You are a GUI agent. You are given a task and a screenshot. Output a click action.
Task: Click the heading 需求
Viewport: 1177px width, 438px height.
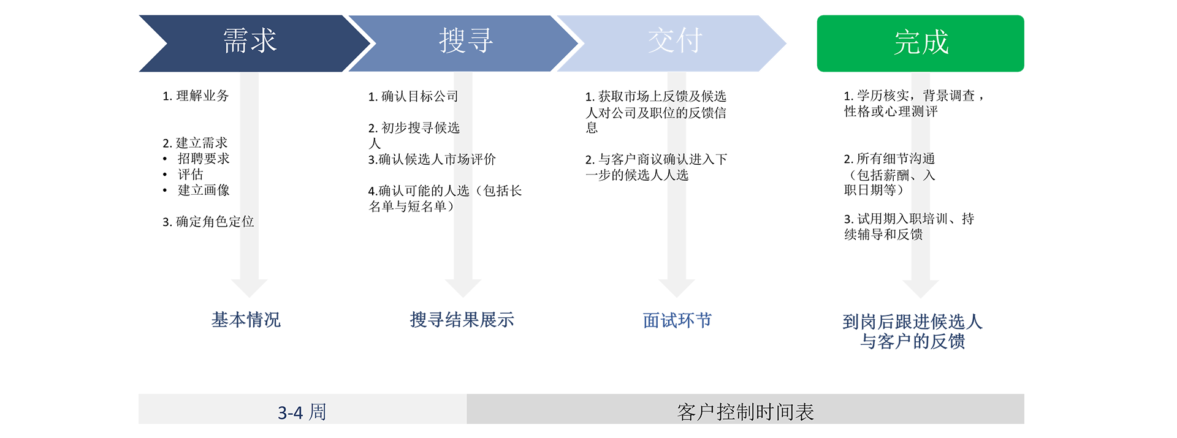tap(249, 42)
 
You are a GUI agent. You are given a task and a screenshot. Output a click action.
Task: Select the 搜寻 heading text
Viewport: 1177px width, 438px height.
tap(466, 42)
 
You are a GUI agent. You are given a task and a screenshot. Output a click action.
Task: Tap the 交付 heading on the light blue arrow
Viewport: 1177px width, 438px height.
tap(674, 42)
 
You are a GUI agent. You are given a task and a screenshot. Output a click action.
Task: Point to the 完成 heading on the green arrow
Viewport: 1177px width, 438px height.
tap(921, 43)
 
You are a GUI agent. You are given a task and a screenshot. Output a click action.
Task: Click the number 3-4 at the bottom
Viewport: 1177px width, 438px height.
tap(290, 413)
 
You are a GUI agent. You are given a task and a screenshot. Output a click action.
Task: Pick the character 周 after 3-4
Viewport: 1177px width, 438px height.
tap(318, 412)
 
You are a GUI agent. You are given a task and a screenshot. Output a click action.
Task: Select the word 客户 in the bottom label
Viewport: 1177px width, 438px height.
tap(695, 412)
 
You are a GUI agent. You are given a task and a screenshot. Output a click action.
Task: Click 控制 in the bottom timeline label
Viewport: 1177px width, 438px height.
tap(735, 412)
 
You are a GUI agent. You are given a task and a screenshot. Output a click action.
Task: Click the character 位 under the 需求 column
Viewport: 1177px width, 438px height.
tap(247, 221)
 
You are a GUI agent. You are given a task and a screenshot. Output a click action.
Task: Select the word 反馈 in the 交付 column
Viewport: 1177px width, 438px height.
tap(676, 96)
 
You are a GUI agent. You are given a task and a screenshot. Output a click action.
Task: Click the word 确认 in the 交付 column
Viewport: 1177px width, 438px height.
tap(677, 159)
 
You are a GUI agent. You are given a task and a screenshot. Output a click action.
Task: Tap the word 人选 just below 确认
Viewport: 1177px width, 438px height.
tap(677, 175)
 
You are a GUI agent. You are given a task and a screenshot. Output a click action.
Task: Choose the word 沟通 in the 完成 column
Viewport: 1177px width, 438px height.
tap(920, 159)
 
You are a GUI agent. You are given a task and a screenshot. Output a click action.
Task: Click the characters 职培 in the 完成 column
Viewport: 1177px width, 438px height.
tap(920, 219)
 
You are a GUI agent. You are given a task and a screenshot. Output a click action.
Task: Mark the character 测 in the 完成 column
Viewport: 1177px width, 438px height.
tap(918, 111)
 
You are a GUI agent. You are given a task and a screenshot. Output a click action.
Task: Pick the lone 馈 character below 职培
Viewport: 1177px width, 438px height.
tap(916, 234)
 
